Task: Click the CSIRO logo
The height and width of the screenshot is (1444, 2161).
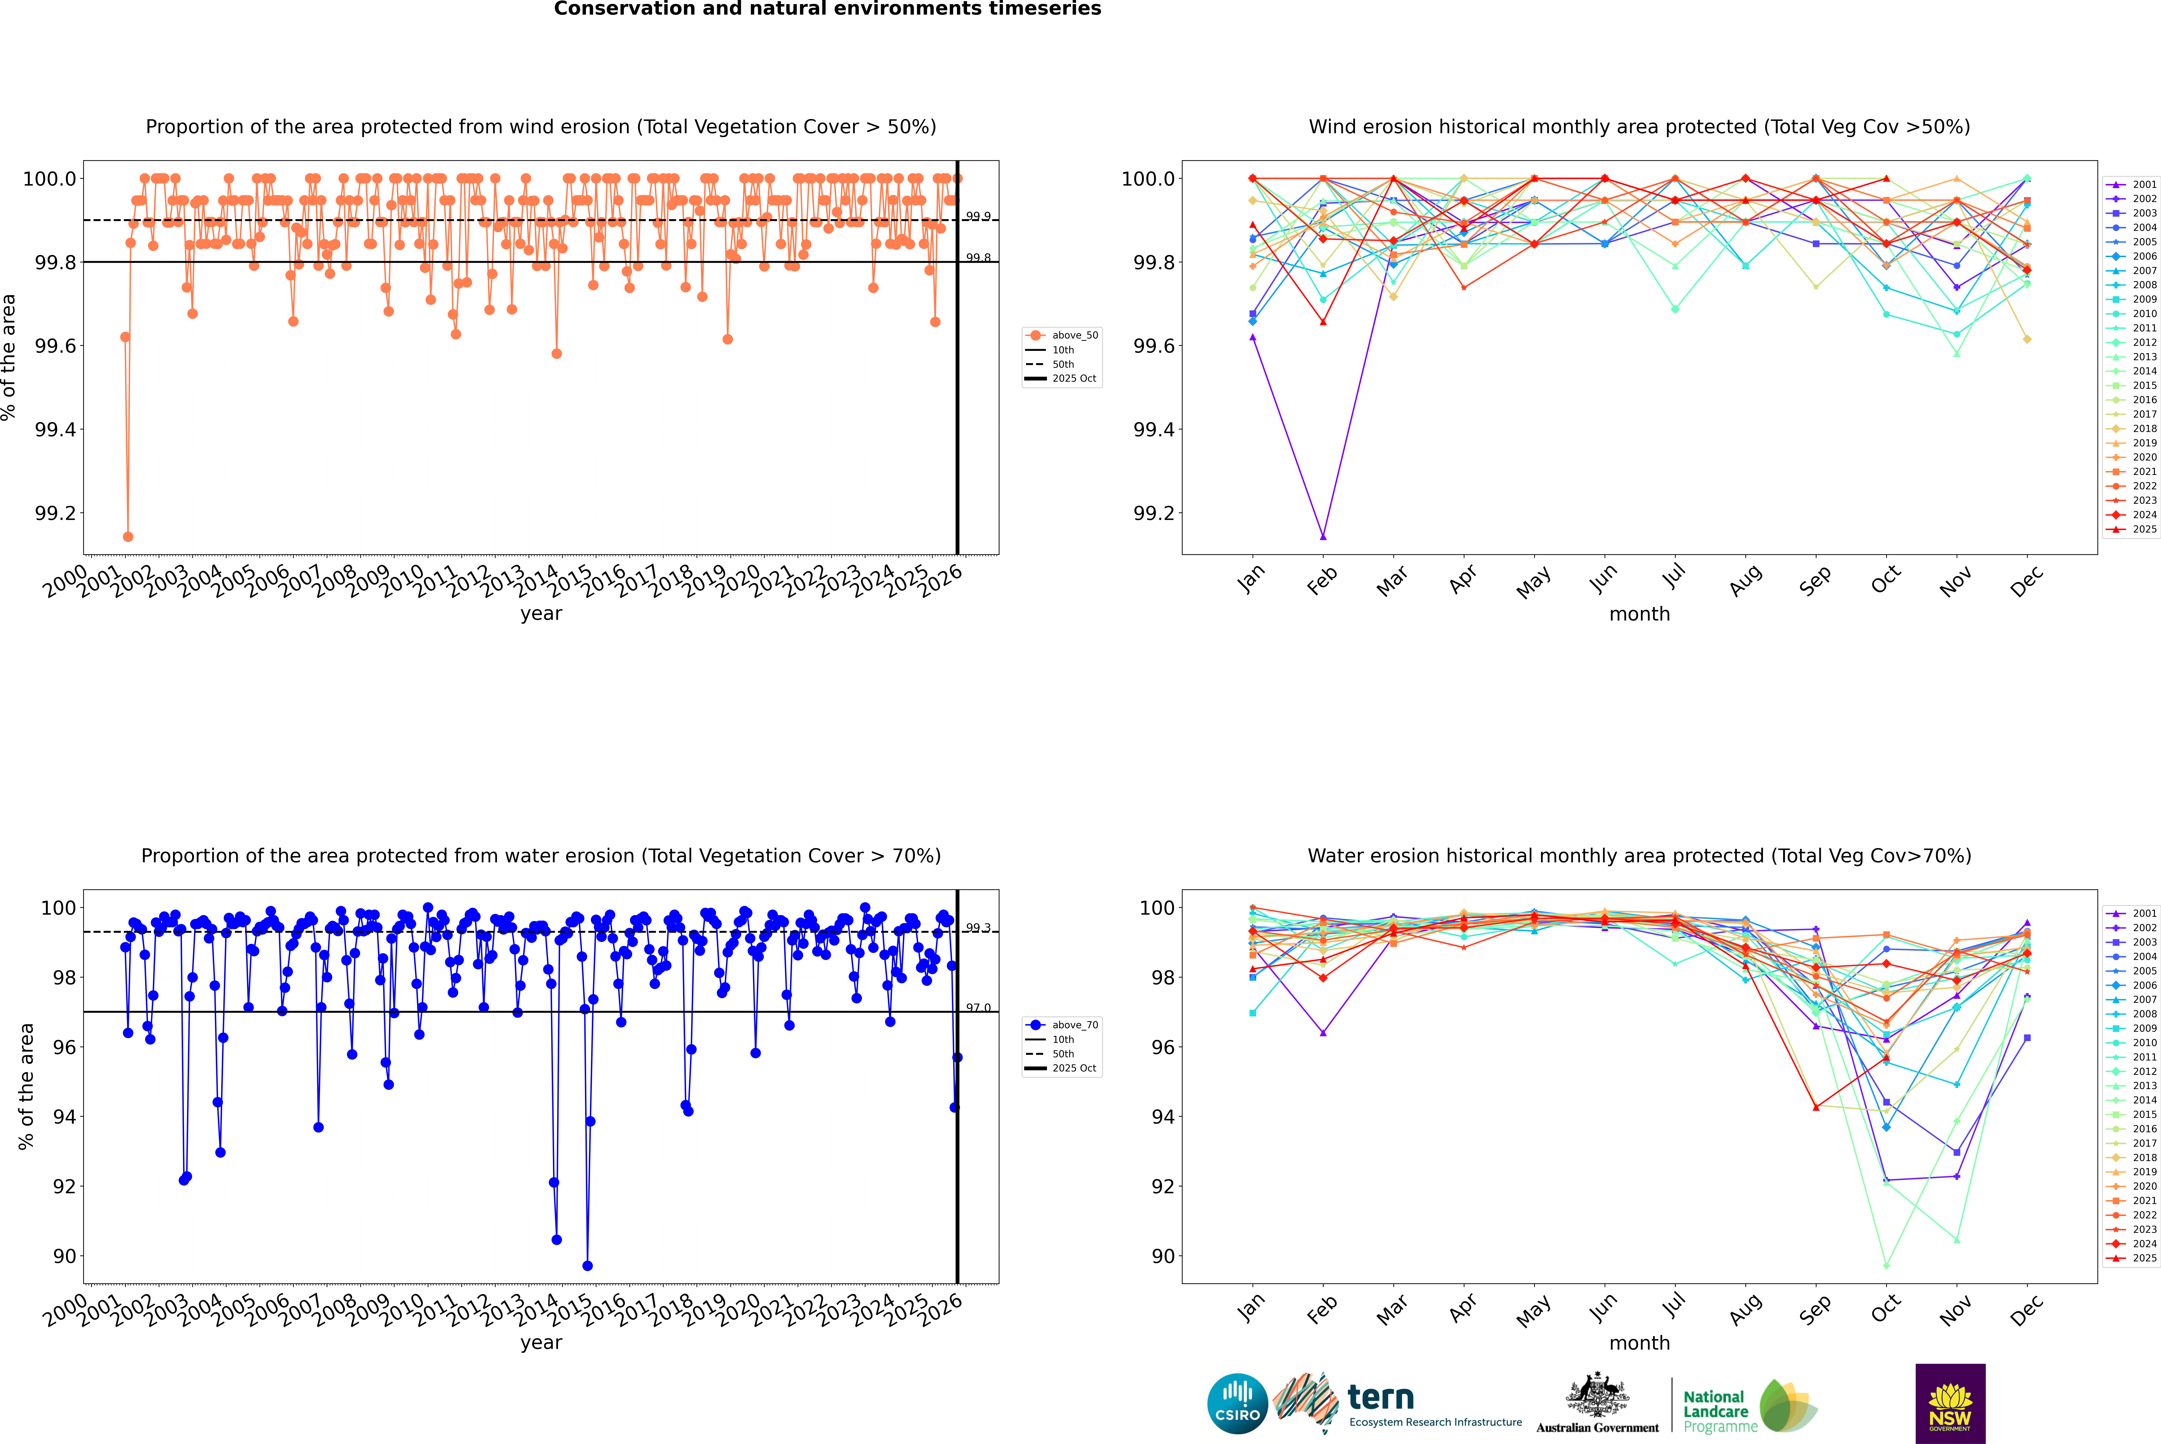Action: point(1237,1404)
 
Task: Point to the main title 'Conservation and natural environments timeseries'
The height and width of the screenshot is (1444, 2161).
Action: point(827,9)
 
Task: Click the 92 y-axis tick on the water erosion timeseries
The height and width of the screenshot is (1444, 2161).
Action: point(64,1186)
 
